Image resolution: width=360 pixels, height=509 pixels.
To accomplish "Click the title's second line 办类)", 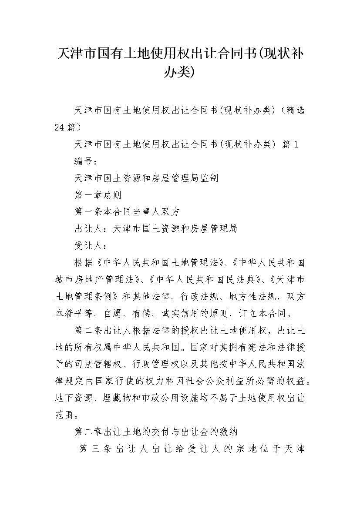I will click(x=180, y=71).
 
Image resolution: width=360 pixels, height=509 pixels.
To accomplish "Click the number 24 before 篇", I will click(x=60, y=127).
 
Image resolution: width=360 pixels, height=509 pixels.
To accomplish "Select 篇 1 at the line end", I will click(x=290, y=144).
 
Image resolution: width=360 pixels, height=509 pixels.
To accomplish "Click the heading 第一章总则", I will click(x=98, y=195).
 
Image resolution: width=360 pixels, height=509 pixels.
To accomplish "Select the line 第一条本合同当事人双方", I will click(x=127, y=212).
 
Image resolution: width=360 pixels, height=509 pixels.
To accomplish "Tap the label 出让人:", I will click(x=92, y=229).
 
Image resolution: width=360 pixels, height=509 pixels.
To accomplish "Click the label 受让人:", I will click(x=92, y=246).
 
